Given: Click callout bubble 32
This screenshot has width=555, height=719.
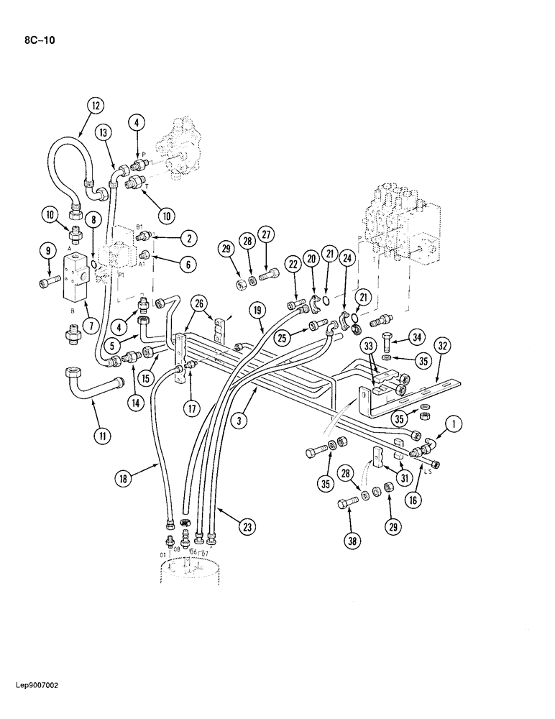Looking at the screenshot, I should tap(444, 346).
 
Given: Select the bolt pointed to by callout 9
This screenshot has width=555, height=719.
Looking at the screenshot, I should tap(48, 283).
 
